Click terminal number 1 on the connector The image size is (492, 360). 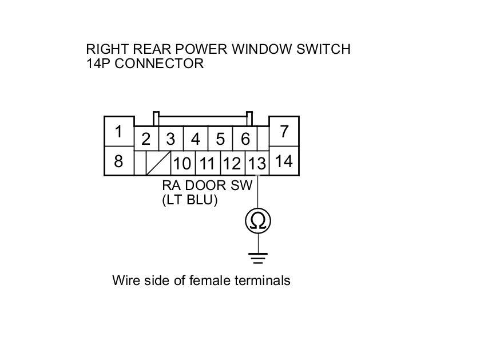point(118,132)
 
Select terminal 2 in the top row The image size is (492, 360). point(146,139)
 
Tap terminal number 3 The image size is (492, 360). point(170,139)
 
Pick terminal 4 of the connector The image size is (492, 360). point(196,139)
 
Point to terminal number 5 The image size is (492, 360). point(220,139)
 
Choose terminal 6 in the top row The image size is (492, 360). point(245,139)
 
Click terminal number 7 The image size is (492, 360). point(284,132)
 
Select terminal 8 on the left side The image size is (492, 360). point(118,161)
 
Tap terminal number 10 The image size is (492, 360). point(182,164)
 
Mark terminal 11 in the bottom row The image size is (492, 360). point(207,164)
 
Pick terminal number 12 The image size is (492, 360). point(232,164)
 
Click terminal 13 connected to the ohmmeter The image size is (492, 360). point(257,164)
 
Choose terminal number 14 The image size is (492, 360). point(284,161)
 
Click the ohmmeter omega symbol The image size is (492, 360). point(258,221)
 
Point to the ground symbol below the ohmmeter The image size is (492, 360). point(258,257)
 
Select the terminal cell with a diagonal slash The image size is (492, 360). point(158,163)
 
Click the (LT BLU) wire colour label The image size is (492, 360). point(190,200)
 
